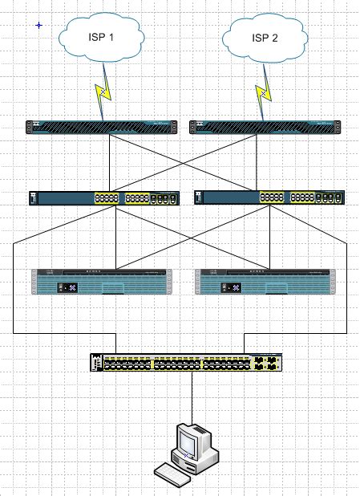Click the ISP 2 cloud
(x=265, y=39)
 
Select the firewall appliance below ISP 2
(x=265, y=127)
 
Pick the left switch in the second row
(x=103, y=198)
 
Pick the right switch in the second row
(x=269, y=198)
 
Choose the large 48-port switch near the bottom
(x=186, y=363)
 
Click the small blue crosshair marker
(x=38, y=26)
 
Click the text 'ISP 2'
(x=265, y=38)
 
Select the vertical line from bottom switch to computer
(x=192, y=397)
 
